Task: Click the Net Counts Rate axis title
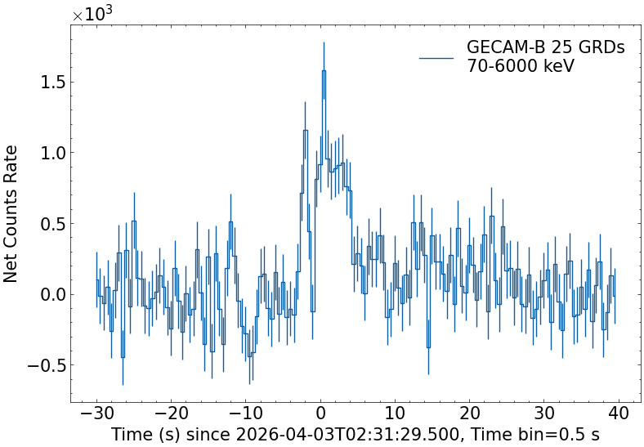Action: pyautogui.click(x=11, y=213)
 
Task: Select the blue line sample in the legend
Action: pyautogui.click(x=436, y=57)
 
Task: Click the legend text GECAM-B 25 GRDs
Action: pyautogui.click(x=545, y=48)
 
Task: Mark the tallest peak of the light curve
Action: pyautogui.click(x=324, y=71)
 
